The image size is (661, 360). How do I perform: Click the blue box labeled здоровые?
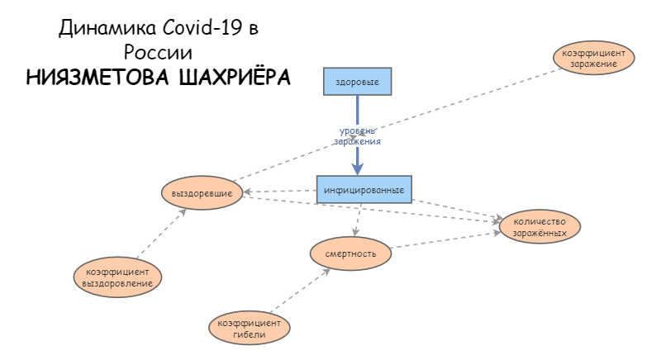(x=357, y=82)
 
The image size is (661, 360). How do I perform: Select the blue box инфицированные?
(x=364, y=190)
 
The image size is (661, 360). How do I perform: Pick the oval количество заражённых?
(x=540, y=226)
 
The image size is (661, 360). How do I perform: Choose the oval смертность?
(x=351, y=253)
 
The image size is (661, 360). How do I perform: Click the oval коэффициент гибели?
(x=249, y=328)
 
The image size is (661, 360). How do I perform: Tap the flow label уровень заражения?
(x=357, y=136)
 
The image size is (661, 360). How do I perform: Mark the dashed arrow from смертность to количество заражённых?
(x=446, y=240)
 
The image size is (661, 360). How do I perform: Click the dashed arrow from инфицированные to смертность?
(x=358, y=221)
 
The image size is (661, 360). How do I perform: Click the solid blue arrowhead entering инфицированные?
(x=358, y=168)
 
